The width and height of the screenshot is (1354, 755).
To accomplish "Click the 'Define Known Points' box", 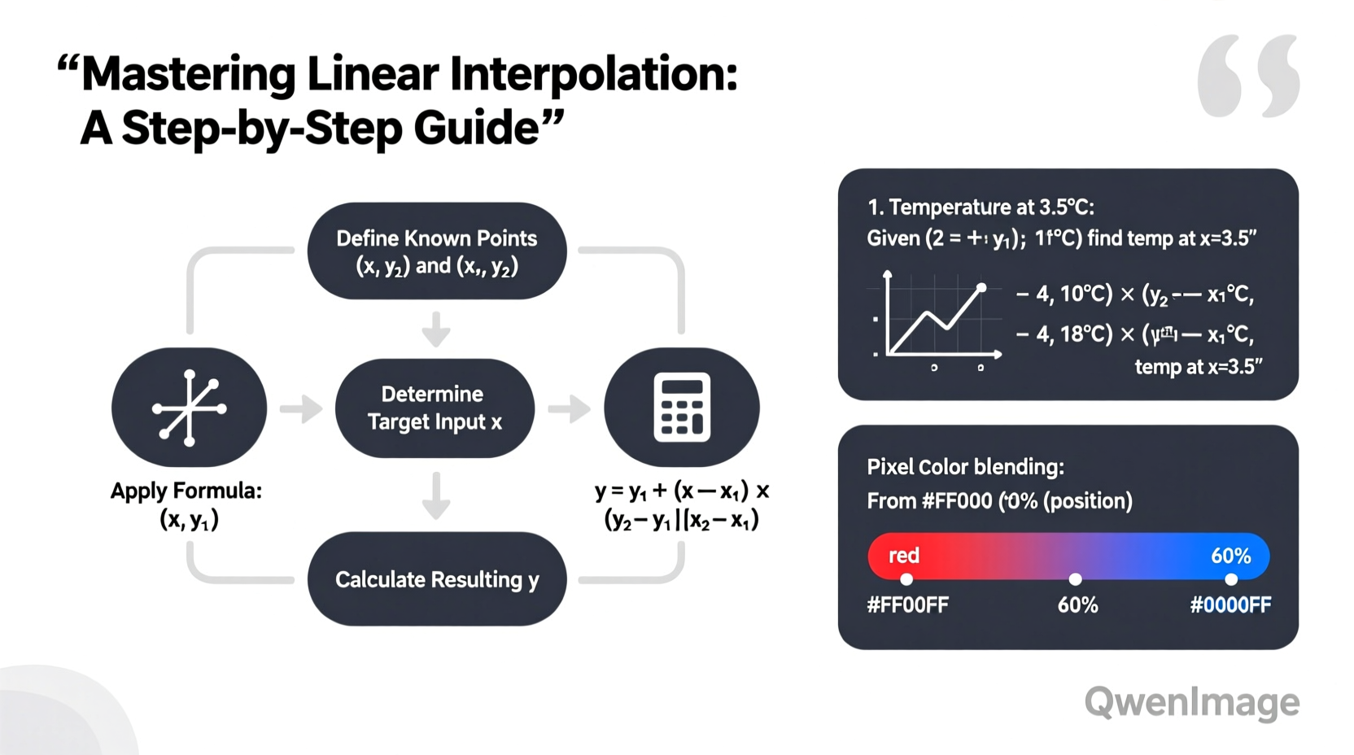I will (x=436, y=251).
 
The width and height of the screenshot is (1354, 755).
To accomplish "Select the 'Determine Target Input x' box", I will (x=435, y=408).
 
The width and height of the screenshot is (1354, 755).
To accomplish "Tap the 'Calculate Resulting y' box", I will (x=436, y=579).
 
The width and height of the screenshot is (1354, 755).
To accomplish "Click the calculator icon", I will (x=682, y=407).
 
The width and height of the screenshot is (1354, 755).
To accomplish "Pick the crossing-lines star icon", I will (x=189, y=408).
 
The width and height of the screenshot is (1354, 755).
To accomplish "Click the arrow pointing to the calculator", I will (x=570, y=408).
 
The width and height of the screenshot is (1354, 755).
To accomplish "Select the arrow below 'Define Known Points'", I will (x=436, y=329).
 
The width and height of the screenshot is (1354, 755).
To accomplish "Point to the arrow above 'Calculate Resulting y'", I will (x=436, y=495).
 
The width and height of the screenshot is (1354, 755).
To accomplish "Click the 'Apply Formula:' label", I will (x=186, y=491).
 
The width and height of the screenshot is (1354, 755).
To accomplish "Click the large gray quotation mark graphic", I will (x=1247, y=76).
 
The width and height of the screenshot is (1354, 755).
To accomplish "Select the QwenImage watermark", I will (x=1191, y=702).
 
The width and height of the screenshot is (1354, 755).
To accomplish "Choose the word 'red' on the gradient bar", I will (x=903, y=556).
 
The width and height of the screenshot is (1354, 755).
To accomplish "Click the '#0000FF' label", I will (x=1230, y=604).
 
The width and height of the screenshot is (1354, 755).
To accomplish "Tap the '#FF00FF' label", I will (x=907, y=604).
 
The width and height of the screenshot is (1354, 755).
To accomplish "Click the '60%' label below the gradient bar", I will (x=1077, y=604).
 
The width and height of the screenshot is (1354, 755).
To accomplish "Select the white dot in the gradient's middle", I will (x=1075, y=579).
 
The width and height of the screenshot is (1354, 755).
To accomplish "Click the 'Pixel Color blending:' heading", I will (x=965, y=467).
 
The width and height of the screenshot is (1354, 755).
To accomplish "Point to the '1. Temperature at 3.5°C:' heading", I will (x=981, y=207).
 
